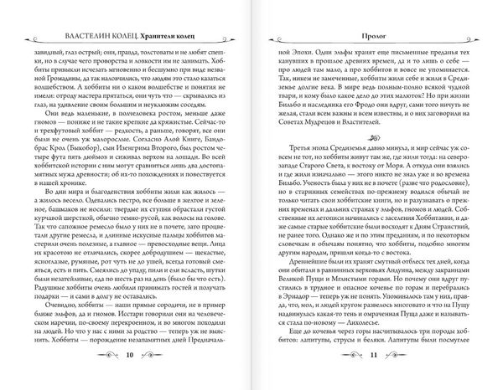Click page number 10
pyautogui.click(x=127, y=356)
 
